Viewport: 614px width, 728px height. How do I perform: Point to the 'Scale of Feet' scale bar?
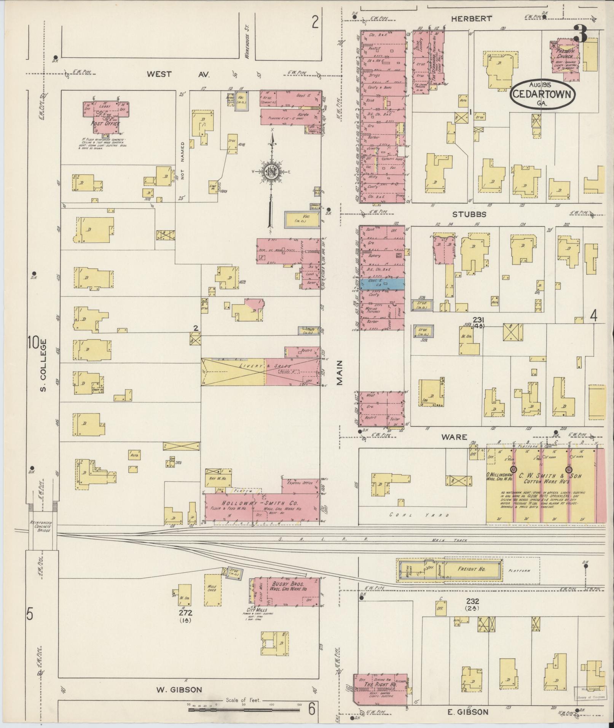pos(243,704)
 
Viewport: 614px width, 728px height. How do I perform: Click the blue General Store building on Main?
pos(382,283)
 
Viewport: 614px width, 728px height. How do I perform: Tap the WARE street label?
pos(454,437)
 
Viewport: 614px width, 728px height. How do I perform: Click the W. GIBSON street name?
pos(179,689)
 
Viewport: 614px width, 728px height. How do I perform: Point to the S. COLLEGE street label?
pos(42,365)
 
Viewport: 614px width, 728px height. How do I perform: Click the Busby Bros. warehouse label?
pos(290,586)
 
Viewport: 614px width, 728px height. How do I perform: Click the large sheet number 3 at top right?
pos(581,33)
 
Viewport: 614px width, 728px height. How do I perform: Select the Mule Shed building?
pos(212,588)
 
